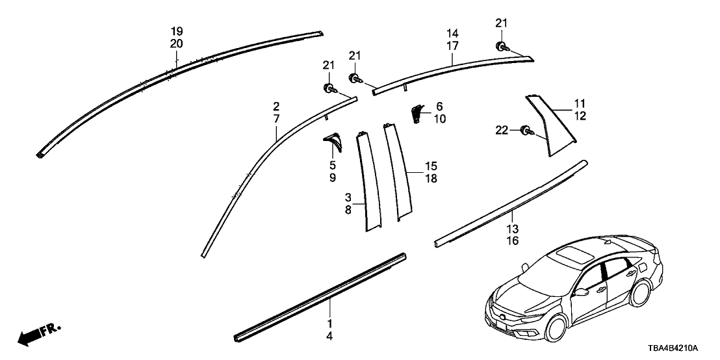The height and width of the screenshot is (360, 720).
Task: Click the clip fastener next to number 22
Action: click(x=524, y=133)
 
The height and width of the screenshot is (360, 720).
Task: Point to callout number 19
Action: click(x=177, y=32)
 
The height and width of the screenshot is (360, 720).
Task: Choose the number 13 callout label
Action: click(x=513, y=229)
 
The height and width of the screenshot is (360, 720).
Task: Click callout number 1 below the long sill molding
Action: click(x=329, y=324)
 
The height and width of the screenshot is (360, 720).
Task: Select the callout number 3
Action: click(x=348, y=197)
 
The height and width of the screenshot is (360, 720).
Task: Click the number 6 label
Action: click(x=439, y=106)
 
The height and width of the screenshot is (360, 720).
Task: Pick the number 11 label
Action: click(x=580, y=103)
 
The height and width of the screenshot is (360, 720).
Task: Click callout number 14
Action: click(x=452, y=33)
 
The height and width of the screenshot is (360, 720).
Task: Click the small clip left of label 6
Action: click(x=417, y=114)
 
